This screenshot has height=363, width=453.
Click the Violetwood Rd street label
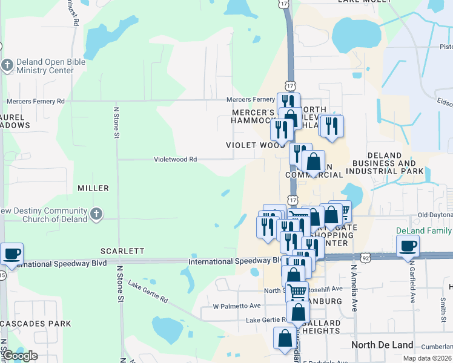(176, 160)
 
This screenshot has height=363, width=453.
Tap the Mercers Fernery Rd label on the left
(35, 101)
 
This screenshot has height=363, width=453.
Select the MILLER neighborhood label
(93, 189)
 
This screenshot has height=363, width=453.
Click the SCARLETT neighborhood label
(122, 250)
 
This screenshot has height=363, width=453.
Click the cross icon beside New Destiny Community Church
(96, 214)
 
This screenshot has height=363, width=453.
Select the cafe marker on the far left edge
(12, 254)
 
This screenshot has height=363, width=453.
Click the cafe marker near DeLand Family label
(408, 246)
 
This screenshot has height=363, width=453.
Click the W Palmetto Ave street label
(236, 306)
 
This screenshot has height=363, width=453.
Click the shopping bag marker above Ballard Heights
(297, 312)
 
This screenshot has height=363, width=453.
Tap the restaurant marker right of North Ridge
(331, 125)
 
